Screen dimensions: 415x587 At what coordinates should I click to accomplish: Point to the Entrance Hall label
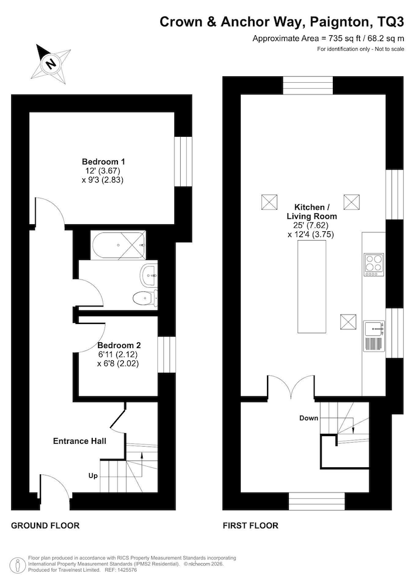point(80,441)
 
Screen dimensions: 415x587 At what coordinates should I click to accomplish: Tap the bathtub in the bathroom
point(118,245)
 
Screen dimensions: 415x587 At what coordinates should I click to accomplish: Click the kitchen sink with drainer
point(374,336)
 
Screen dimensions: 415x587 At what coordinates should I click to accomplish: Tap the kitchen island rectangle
point(312,287)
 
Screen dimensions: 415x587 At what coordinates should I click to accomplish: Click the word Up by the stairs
point(93,475)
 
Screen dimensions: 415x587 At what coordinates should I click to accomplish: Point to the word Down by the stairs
point(309,418)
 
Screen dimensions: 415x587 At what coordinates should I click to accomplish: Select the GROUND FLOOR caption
point(45,525)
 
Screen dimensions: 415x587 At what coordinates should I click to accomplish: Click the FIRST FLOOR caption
point(251,525)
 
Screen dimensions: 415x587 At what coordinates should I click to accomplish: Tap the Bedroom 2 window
point(167,355)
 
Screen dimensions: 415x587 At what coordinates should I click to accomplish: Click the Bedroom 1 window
point(183,161)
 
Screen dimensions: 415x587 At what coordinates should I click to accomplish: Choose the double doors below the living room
point(291,386)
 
